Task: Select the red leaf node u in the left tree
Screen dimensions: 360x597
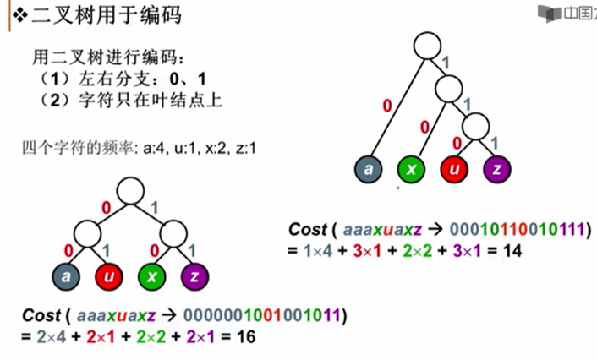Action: click(109, 275)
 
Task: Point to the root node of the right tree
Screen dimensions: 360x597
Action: click(429, 44)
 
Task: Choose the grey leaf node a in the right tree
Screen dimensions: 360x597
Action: click(370, 169)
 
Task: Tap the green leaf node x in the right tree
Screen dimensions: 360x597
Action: click(412, 169)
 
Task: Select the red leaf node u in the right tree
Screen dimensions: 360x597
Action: click(455, 169)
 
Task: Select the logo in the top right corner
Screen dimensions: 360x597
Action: click(565, 12)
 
